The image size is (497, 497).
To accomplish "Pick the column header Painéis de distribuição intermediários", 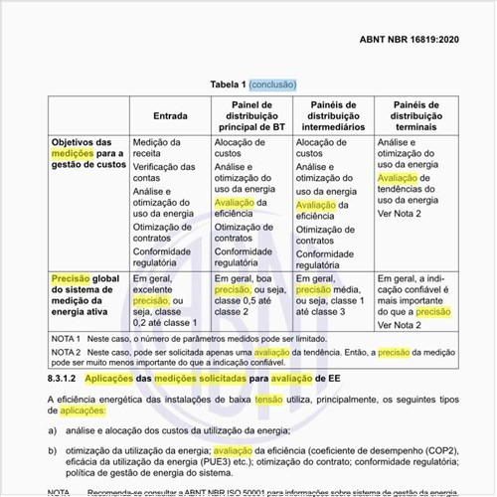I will tap(332, 115).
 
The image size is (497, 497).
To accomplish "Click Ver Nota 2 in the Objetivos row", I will tap(399, 214).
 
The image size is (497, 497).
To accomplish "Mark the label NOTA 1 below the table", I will tap(66, 339).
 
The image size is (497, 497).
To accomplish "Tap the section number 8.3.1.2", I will tap(65, 379).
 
